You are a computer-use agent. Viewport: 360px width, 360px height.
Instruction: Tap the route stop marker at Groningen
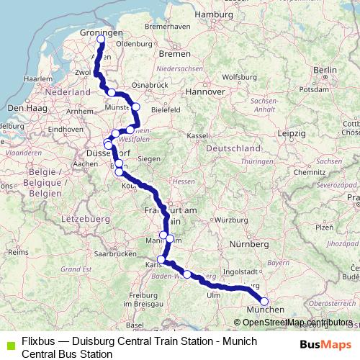coord(102,40)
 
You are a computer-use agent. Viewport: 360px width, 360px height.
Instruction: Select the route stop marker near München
coord(264,302)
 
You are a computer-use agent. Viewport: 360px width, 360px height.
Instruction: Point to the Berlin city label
coord(325,69)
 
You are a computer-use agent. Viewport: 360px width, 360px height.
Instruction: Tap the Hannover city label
coord(206,91)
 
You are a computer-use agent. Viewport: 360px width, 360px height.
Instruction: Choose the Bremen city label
coord(174,54)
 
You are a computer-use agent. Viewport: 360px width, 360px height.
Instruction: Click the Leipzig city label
coord(290,134)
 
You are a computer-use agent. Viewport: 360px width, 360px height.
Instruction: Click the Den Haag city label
coord(22,107)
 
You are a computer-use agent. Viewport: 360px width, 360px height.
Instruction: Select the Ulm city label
coord(213,295)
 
